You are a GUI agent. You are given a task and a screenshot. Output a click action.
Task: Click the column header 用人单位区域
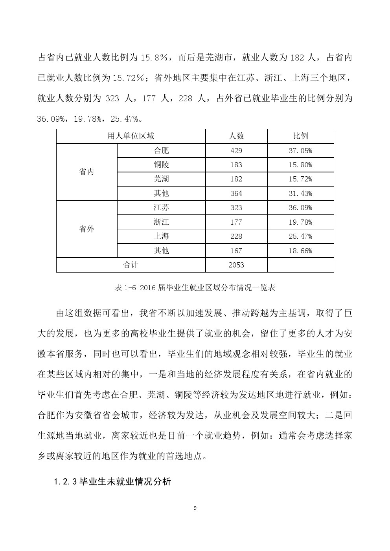pyautogui.click(x=131, y=136)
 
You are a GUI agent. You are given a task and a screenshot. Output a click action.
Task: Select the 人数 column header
pyautogui.click(x=236, y=136)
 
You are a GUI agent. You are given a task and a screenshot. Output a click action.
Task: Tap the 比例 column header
pyautogui.click(x=300, y=136)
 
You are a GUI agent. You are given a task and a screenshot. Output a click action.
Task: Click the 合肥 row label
pyautogui.click(x=161, y=150)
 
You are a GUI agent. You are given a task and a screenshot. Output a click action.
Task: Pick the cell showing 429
pyautogui.click(x=236, y=151)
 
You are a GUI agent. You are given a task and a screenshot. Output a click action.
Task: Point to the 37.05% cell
pyautogui.click(x=300, y=151)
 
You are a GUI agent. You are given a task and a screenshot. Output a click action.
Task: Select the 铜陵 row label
pyautogui.click(x=161, y=165)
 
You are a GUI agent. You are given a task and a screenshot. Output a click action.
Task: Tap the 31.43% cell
pyautogui.click(x=300, y=194)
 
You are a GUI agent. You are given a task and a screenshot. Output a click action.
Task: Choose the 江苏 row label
pyautogui.click(x=161, y=208)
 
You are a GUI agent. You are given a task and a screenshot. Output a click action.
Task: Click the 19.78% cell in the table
pyautogui.click(x=300, y=222)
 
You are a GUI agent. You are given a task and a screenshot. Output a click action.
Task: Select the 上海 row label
pyautogui.click(x=161, y=236)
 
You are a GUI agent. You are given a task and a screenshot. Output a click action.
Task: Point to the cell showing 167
pyautogui.click(x=236, y=251)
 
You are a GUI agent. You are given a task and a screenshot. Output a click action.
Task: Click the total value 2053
pyautogui.click(x=236, y=265)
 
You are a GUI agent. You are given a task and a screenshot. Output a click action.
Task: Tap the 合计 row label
pyautogui.click(x=131, y=265)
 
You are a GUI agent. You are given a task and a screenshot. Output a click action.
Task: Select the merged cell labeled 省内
pyautogui.click(x=86, y=172)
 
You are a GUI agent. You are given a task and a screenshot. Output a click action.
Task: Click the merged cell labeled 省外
pyautogui.click(x=86, y=229)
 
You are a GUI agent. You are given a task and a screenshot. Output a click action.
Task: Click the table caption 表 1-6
pyautogui.click(x=195, y=287)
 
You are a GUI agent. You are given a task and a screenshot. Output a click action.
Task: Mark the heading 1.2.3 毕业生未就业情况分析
pyautogui.click(x=112, y=481)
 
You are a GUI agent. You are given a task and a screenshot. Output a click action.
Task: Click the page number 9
pyautogui.click(x=195, y=508)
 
